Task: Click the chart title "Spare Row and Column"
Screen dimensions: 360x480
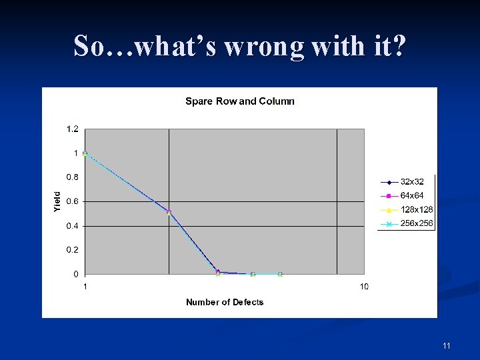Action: (239, 101)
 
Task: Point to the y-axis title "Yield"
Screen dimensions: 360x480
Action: (57, 202)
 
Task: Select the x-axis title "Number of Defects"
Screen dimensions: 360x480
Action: (225, 302)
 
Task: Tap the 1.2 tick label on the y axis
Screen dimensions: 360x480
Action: (72, 129)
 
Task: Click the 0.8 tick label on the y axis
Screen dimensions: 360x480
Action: (72, 177)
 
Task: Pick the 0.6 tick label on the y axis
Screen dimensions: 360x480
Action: (72, 201)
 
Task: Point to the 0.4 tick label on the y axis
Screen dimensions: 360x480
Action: (72, 226)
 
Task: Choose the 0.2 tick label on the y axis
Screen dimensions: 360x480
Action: (72, 250)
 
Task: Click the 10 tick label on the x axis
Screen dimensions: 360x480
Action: (364, 287)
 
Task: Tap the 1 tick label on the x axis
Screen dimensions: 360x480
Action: (85, 287)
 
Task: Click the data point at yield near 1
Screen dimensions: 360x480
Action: (85, 154)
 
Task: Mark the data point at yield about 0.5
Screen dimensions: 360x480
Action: (169, 212)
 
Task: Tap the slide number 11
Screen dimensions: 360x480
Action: (447, 345)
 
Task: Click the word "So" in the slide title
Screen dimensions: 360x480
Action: (88, 47)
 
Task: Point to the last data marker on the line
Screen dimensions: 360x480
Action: (280, 274)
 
